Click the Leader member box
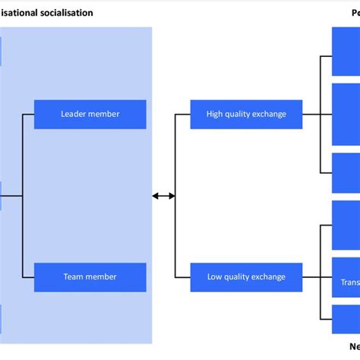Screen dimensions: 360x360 (90, 115)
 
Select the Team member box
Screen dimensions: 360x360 (90, 277)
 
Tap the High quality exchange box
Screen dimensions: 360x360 (246, 115)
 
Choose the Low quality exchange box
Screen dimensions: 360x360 (246, 277)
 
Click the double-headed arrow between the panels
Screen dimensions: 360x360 (163, 196)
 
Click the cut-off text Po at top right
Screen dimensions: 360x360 (355, 13)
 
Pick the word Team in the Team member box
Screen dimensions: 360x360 (73, 277)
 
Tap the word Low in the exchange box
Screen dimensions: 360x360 (216, 277)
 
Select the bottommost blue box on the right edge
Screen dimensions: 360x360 (346, 317)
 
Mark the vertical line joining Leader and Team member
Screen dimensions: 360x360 (23, 195)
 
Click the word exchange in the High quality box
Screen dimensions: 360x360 (267, 115)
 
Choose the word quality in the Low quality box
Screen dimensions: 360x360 (240, 277)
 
